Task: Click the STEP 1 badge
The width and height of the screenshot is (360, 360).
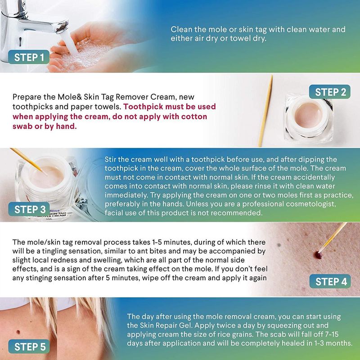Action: coord(29,57)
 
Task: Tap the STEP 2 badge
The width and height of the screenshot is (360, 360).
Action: coord(330,92)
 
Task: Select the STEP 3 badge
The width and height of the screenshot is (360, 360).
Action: coord(29,209)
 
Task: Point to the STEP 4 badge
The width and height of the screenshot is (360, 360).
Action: coord(330,281)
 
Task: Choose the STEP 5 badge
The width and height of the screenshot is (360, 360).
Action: coord(29,346)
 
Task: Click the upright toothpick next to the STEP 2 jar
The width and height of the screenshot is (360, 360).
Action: coord(265,111)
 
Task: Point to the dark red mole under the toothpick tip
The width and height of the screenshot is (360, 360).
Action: coord(318,255)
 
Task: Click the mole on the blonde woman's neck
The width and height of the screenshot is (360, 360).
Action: coord(18,332)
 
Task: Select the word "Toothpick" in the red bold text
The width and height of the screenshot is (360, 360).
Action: coord(143,107)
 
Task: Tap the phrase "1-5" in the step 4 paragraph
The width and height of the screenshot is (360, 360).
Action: coord(157,242)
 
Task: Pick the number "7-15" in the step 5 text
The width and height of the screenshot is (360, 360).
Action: coord(331,334)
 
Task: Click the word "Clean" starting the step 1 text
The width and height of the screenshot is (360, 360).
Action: coord(181,29)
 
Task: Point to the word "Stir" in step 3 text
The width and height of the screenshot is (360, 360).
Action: coord(111,159)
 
